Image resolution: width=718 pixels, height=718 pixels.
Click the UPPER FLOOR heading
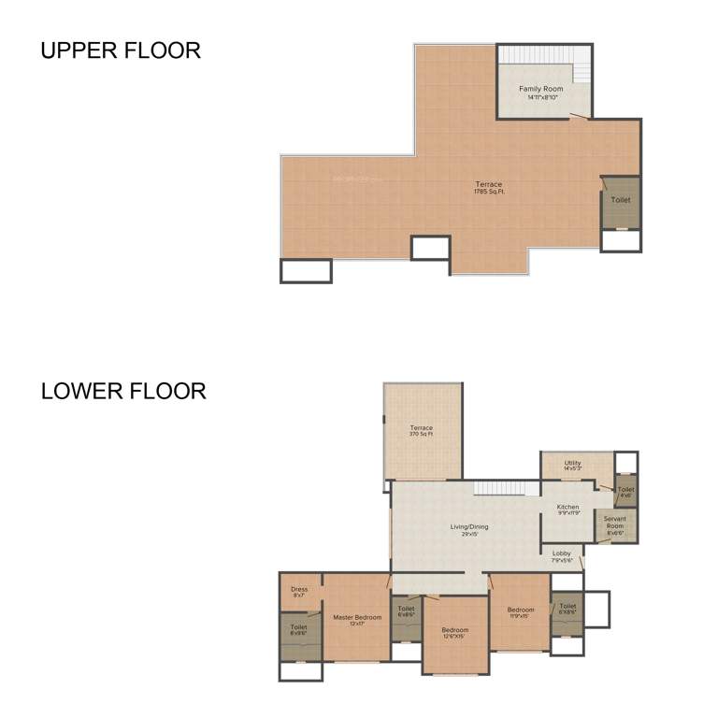(120, 50)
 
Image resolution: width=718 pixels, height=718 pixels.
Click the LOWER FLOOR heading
(123, 391)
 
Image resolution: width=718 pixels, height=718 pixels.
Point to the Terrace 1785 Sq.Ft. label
(488, 188)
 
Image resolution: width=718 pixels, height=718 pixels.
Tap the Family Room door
(580, 117)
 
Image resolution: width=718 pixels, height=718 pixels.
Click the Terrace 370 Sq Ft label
(421, 431)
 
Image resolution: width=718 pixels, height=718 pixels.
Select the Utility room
(572, 465)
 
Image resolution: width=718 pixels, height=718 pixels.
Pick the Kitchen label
(567, 510)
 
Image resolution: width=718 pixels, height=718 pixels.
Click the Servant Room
(615, 524)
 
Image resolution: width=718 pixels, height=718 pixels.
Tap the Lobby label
(562, 555)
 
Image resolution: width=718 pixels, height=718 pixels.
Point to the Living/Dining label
(469, 529)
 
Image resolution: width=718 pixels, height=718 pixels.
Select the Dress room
(299, 591)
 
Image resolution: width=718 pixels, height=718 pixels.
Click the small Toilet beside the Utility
(625, 491)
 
